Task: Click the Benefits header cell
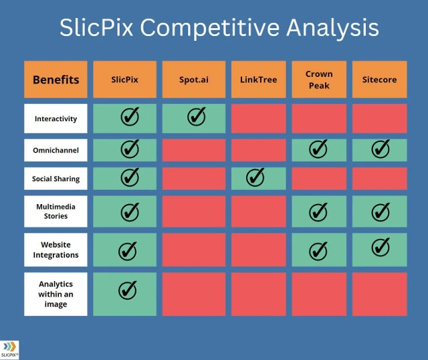(x=56, y=80)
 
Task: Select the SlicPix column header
(x=125, y=80)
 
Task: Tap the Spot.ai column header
(x=194, y=80)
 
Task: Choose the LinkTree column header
(x=259, y=80)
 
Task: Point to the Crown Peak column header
(x=319, y=80)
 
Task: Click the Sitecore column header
(x=379, y=80)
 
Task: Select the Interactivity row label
(x=56, y=118)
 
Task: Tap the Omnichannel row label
(x=56, y=151)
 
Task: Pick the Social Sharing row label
(x=56, y=179)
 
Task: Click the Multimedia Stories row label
(x=56, y=211)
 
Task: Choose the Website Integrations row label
(x=56, y=250)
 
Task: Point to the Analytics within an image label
(x=56, y=294)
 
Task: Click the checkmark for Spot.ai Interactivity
(x=197, y=116)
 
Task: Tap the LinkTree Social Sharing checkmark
(x=255, y=177)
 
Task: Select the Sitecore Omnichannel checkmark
(x=381, y=149)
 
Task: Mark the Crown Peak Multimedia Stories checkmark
(x=318, y=212)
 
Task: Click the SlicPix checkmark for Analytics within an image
(x=128, y=290)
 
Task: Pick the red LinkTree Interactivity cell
(x=259, y=118)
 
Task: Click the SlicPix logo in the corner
(x=9, y=350)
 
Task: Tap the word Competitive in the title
(x=210, y=27)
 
